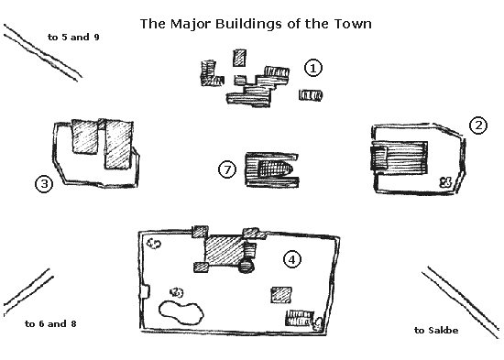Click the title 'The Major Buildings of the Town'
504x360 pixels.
coord(256,24)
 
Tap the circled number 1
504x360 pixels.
coord(313,68)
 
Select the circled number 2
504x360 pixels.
coord(478,125)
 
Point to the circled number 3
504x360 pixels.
coord(44,184)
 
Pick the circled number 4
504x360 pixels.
coord(292,259)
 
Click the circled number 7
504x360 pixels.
coord(227,169)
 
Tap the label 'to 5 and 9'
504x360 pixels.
coord(73,38)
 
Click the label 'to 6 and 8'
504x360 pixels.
coord(50,323)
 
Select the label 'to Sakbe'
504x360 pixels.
coord(436,330)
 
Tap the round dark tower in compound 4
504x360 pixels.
coord(247,266)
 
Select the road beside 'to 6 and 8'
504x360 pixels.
coord(28,291)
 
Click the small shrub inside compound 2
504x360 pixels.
coord(445,182)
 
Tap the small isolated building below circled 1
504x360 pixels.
coord(311,95)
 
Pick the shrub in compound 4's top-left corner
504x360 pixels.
coord(154,244)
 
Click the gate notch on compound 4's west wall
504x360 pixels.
coord(145,292)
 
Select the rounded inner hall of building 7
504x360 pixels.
coord(275,169)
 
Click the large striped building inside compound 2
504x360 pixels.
coord(400,158)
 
